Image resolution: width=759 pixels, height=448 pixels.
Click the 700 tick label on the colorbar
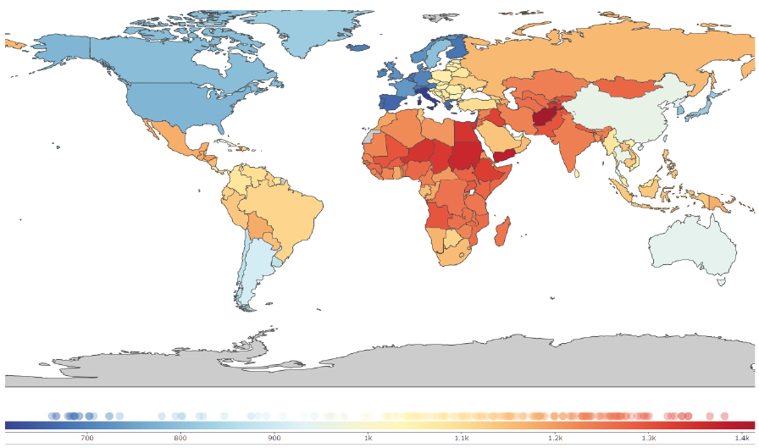(x=86, y=437)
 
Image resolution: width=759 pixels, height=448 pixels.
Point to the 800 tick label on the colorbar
(x=180, y=437)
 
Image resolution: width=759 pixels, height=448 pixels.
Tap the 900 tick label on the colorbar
(x=274, y=437)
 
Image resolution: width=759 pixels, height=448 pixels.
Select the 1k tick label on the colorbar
(x=368, y=437)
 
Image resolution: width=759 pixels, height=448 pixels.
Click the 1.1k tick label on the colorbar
(x=462, y=437)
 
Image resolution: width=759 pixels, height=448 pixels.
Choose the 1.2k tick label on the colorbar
(x=556, y=437)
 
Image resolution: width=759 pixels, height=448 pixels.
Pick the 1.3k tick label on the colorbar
(x=649, y=437)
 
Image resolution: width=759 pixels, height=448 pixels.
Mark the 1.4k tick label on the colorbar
(x=742, y=437)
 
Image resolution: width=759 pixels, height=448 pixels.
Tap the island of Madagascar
(x=501, y=232)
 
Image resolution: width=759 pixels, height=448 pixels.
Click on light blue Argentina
(x=253, y=263)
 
